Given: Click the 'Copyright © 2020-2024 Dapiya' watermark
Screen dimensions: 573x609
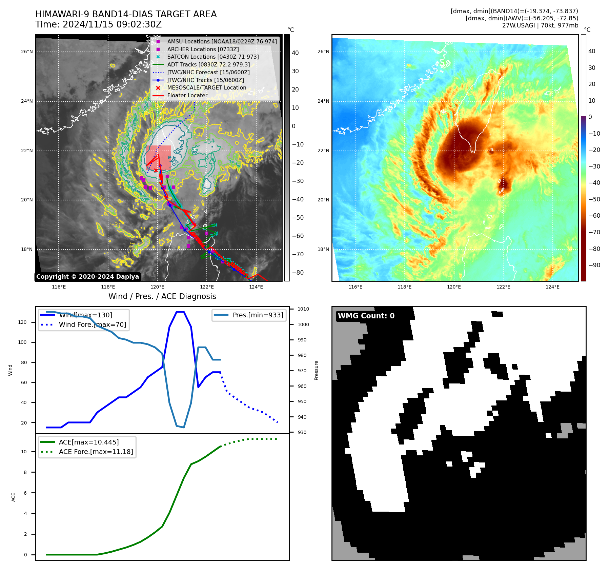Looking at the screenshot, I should (x=87, y=277).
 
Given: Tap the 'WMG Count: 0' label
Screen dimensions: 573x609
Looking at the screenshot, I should (x=366, y=316).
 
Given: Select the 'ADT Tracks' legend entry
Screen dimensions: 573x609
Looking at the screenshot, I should (x=208, y=64).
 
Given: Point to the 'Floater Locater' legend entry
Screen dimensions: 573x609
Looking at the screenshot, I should (x=187, y=95).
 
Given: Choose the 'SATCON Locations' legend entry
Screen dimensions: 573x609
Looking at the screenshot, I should (x=213, y=57).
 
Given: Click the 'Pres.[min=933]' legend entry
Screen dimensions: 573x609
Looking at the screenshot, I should (x=258, y=315).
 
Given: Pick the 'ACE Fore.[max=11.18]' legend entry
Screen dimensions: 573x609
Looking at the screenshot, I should (x=96, y=452).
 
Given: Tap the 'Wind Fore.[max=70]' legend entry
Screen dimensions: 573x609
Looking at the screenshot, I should (x=92, y=324).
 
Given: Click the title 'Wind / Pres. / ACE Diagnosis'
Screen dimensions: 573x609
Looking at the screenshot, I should (x=162, y=296).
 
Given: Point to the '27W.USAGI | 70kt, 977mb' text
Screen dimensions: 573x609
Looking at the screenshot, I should (x=540, y=25).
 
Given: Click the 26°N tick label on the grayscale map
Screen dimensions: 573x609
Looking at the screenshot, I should (x=27, y=52).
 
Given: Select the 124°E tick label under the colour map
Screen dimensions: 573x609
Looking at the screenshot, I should (x=552, y=287).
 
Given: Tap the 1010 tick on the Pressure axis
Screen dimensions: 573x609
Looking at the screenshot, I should (x=303, y=309).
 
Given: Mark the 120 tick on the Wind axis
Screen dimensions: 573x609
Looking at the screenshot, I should (x=22, y=322).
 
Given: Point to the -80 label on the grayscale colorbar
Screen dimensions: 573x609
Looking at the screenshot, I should (x=298, y=273).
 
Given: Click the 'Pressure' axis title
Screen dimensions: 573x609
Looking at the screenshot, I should (x=316, y=370).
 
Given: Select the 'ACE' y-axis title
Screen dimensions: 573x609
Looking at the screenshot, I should (x=14, y=497).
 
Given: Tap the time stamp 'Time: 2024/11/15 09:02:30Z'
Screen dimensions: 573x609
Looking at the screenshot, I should (x=98, y=25).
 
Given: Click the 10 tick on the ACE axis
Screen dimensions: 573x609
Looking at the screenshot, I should (x=24, y=452).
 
